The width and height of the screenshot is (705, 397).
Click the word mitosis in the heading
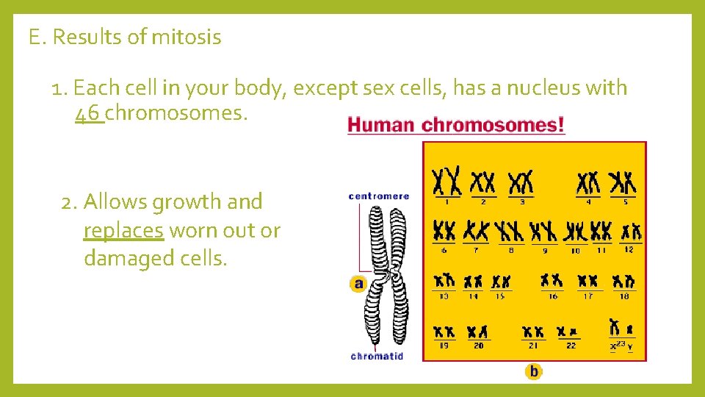click(186, 37)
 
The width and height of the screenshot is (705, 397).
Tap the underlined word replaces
click(123, 230)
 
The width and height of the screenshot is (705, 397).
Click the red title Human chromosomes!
click(456, 124)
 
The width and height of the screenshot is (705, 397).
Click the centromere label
click(378, 196)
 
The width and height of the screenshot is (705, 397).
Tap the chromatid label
click(377, 357)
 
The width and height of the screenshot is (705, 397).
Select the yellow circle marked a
click(358, 284)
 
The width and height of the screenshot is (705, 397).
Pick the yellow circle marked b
click(534, 371)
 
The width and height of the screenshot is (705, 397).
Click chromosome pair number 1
click(446, 181)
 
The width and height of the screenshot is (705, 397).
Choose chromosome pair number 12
click(630, 232)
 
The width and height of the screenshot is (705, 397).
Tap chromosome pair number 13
click(444, 281)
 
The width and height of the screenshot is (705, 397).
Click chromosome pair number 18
click(623, 281)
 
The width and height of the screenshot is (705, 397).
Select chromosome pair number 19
click(444, 332)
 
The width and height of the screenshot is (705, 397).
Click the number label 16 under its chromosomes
click(552, 296)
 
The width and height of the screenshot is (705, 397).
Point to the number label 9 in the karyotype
click(544, 250)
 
